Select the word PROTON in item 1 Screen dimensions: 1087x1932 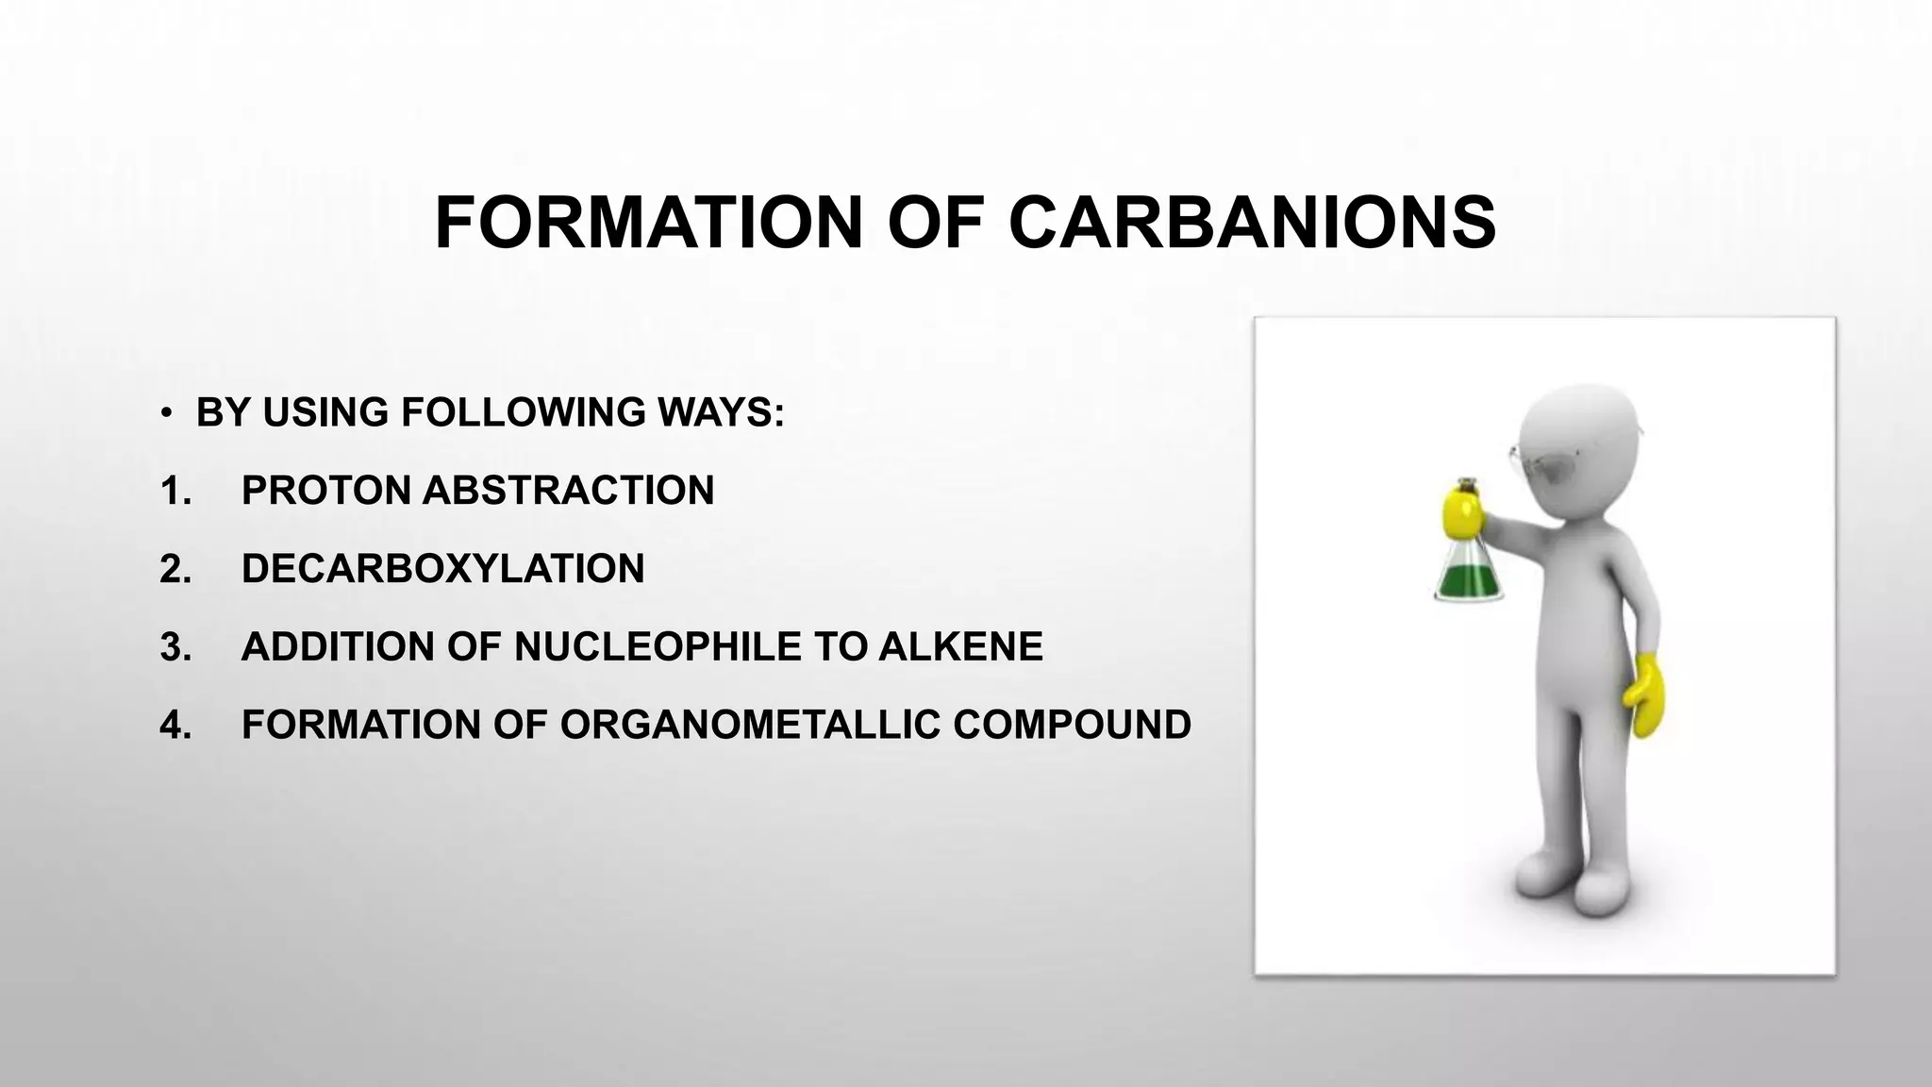pyautogui.click(x=325, y=491)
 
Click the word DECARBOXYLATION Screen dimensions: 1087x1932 pyautogui.click(x=442, y=569)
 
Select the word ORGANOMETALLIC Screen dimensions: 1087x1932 pyautogui.click(x=750, y=726)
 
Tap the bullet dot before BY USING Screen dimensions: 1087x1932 pyautogui.click(x=166, y=414)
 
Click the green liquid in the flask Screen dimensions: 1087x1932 pyautogui.click(x=1468, y=580)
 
